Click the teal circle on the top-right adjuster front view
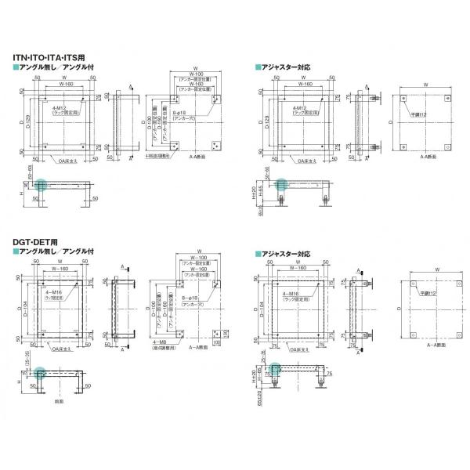click(x=280, y=185)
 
